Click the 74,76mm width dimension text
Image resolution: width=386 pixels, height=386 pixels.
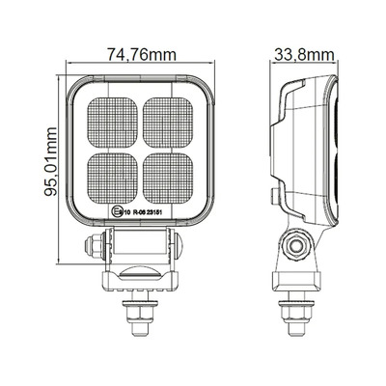point(134,54)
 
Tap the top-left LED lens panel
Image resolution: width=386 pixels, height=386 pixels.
point(111,123)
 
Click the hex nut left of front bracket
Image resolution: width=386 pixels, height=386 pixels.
point(91,247)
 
